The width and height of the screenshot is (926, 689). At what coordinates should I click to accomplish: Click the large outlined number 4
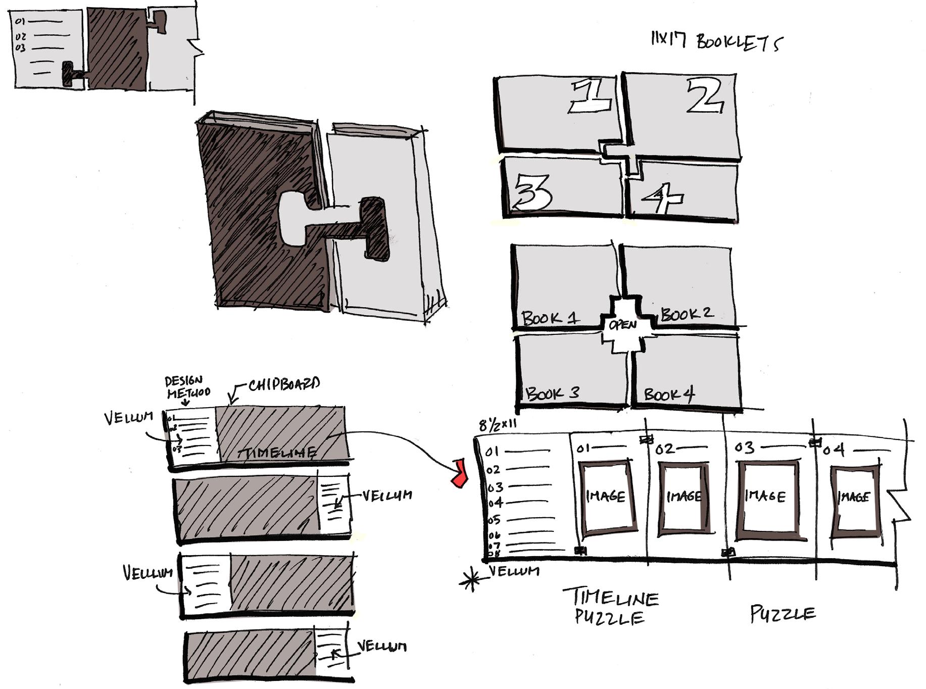[x=662, y=198]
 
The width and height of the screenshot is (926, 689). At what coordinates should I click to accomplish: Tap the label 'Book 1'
[x=550, y=318]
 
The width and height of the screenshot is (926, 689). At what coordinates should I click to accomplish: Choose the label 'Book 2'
[x=687, y=314]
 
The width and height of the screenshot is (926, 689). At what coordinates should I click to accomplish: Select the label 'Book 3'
[x=552, y=393]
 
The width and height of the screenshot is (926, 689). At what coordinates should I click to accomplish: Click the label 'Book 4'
[x=669, y=394]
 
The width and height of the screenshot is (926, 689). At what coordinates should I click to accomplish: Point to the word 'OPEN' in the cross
[x=622, y=325]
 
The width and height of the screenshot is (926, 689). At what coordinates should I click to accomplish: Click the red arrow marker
[x=459, y=473]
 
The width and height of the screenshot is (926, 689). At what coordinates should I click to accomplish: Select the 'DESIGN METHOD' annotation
[x=187, y=387]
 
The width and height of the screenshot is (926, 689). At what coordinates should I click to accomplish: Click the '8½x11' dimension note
[x=498, y=425]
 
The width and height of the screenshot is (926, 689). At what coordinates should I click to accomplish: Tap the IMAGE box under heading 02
[x=684, y=497]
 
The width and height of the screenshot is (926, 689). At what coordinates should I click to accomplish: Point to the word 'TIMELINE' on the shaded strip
[x=277, y=453]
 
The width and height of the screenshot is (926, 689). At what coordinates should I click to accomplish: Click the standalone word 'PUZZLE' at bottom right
[x=783, y=614]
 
